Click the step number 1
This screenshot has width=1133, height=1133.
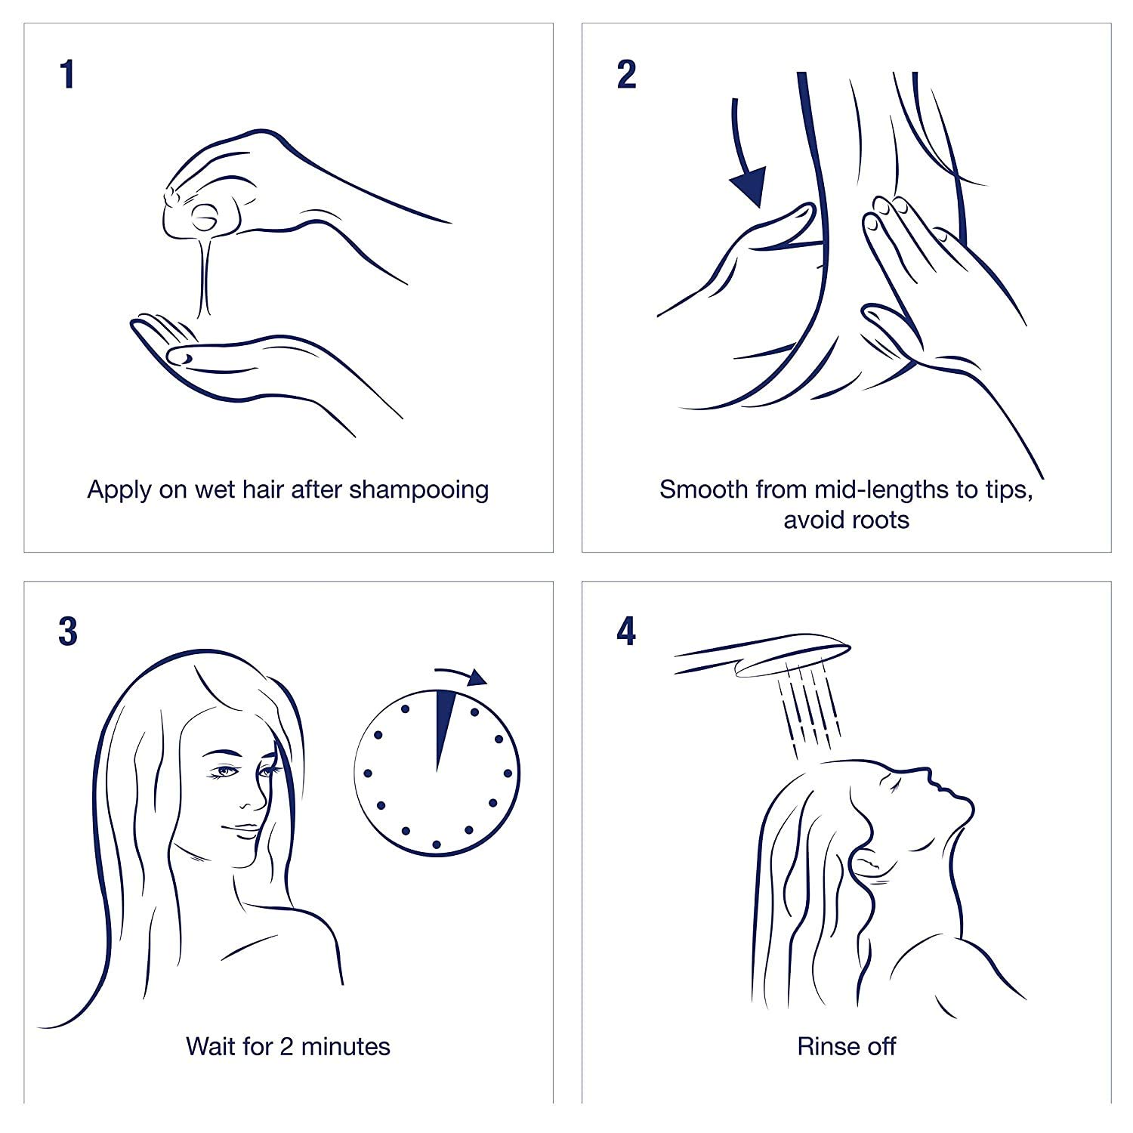[x=67, y=76]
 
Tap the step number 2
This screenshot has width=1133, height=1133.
[x=626, y=76]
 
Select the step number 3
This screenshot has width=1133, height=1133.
[x=68, y=632]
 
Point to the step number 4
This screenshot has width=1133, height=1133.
[x=626, y=632]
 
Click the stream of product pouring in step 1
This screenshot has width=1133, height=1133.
[x=203, y=279]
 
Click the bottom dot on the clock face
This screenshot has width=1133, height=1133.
[x=437, y=843]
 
